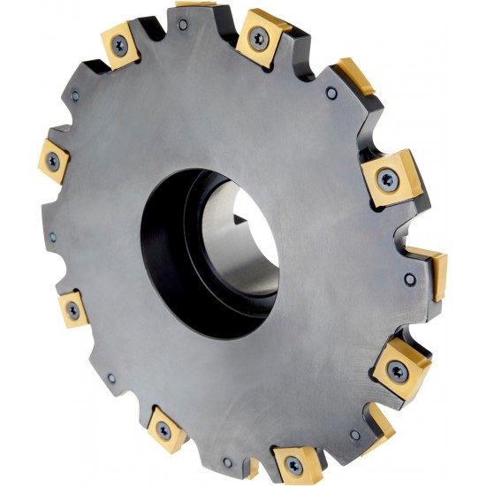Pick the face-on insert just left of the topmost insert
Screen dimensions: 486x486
(119, 44)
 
